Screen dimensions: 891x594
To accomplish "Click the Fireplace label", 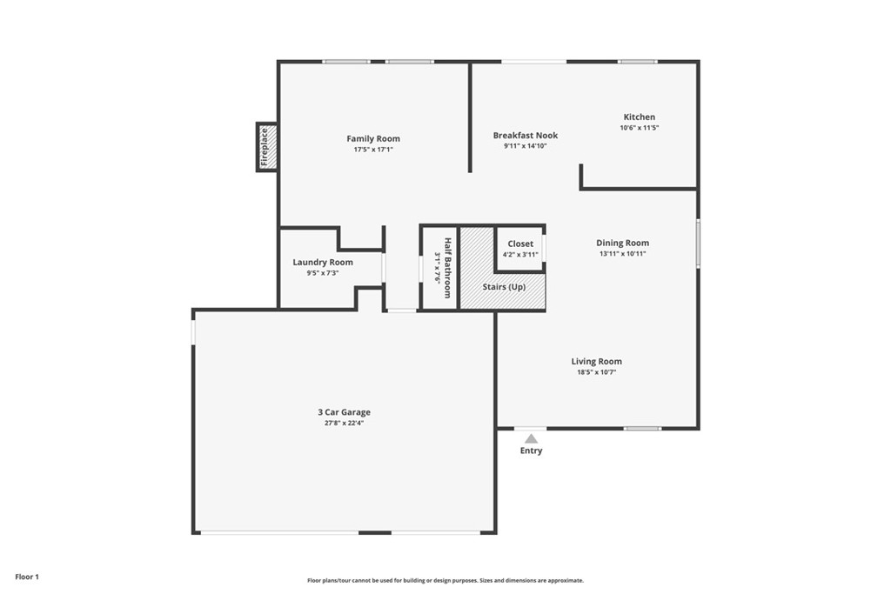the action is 265,147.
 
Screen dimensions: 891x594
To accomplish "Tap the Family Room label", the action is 373,138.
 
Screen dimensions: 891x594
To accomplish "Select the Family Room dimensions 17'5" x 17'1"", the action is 373,150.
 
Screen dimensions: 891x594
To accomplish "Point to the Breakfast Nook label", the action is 526,135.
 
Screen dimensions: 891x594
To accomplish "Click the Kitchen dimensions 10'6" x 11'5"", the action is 640,128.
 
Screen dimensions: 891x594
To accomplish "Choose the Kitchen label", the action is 640,117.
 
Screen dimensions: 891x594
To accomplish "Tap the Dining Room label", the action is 623,243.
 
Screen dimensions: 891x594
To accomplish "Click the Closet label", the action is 520,244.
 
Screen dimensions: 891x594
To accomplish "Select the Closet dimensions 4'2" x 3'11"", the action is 520,255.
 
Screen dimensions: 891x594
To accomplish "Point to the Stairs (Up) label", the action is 504,287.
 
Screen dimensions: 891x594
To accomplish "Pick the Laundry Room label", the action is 323,263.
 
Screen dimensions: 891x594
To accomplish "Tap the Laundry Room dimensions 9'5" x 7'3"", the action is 323,273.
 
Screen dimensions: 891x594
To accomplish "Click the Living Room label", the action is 597,361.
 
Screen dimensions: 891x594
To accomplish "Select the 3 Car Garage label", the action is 345,412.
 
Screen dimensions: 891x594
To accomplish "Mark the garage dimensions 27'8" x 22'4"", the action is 345,423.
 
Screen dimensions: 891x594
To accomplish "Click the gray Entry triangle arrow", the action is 532,438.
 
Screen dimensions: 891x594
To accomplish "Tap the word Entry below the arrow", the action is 532,451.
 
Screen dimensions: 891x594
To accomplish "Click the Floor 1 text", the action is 27,577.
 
